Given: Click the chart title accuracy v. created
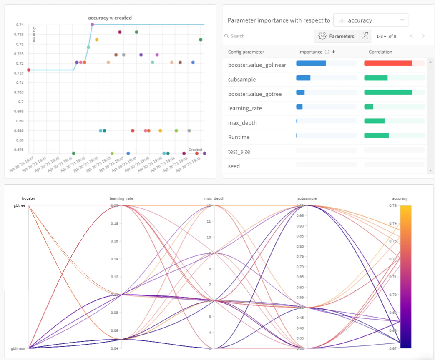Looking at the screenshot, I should coord(110,17).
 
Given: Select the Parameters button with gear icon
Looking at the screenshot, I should coord(337,36).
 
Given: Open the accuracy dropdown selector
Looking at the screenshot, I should coord(371,20).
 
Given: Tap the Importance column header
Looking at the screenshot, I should coord(310,52).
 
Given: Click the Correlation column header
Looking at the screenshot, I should coord(380,52).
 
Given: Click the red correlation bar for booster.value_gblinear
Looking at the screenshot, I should coord(388,63).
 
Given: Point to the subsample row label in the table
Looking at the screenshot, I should coord(242,80).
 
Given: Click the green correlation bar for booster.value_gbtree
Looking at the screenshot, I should coord(388,92).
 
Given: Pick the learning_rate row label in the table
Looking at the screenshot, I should coord(245,108).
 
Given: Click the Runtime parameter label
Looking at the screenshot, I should coord(239,137).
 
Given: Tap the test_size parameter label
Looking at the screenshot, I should coord(239,152).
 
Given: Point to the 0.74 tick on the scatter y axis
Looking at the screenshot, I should coord(20,25).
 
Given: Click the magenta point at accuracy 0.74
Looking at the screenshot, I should coord(92,25).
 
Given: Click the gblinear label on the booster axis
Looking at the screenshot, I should coord(18,348).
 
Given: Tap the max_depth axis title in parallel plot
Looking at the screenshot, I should coord(214,198).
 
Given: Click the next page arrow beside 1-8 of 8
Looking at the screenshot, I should coord(423,36).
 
